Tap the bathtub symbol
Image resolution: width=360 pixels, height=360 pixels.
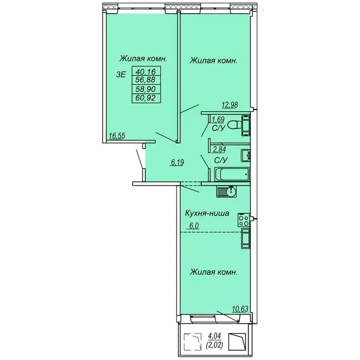232,174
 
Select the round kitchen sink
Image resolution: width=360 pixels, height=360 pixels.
231,191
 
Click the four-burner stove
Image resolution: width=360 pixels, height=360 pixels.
244,219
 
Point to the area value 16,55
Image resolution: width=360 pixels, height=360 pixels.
117,136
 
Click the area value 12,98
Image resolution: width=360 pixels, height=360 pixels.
230,105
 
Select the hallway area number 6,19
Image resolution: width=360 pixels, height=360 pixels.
177,162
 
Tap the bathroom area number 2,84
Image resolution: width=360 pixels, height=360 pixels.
219,149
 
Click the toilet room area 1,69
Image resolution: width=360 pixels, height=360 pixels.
218,120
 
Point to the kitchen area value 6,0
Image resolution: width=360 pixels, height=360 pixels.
194,225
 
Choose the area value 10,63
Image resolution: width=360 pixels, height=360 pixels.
240,309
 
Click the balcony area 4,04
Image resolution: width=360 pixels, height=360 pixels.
214,337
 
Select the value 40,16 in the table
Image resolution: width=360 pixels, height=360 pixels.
146,72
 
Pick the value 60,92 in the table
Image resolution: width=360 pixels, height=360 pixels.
146,98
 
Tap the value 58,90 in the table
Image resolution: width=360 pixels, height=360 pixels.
146,89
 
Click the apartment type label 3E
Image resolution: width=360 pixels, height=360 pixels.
121,75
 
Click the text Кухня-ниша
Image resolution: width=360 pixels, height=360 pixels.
207,213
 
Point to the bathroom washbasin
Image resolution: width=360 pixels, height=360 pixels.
245,156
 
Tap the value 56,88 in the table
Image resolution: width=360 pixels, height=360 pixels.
146,80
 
